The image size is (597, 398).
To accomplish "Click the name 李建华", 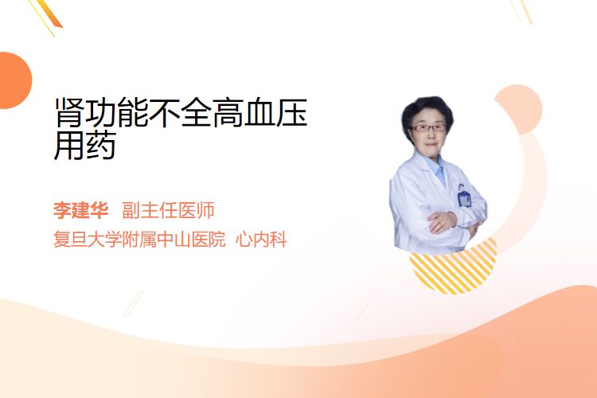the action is [80, 210].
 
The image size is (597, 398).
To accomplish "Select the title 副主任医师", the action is [168, 210].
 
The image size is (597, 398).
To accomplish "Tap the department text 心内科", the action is [261, 240].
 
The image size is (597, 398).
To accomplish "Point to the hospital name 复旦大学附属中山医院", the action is [139, 240].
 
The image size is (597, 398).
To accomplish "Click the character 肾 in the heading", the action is [69, 113].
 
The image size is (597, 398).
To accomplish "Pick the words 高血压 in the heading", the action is [260, 113].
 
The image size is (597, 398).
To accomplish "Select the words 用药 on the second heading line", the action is [85, 146].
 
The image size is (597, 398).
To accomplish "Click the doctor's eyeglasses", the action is [429, 128].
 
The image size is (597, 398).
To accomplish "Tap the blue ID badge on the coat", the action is [465, 199].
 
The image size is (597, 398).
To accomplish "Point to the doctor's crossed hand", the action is [442, 222].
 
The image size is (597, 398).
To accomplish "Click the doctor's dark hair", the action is [427, 108].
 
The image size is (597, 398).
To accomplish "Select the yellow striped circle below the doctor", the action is [454, 268].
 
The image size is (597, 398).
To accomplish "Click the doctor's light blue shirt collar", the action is [437, 168].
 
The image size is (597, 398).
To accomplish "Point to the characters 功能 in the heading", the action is [117, 113].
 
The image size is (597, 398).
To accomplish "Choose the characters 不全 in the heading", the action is [181, 113].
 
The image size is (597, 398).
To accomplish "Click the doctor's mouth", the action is [431, 144].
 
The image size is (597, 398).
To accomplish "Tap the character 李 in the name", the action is [62, 210].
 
